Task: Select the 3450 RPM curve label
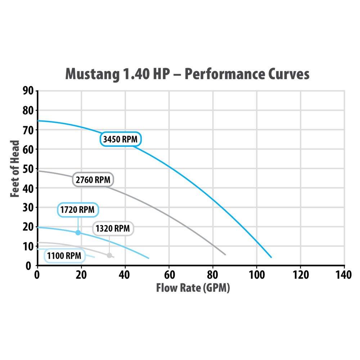pos(120,139)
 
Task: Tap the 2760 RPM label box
pos(93,179)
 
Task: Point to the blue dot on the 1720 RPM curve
pos(78,233)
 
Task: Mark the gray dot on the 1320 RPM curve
pos(109,255)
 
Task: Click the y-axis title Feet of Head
pos(15,168)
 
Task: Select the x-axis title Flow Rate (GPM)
pos(193,288)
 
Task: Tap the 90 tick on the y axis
pos(29,91)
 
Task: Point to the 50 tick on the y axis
pos(29,169)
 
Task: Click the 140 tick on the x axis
pos(343,275)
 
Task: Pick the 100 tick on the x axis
pos(256,275)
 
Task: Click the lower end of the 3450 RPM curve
pos(271,257)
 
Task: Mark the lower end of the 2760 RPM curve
pos(225,255)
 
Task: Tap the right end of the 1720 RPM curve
pos(149,258)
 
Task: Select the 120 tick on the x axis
pos(300,275)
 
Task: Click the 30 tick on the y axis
pos(29,208)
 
